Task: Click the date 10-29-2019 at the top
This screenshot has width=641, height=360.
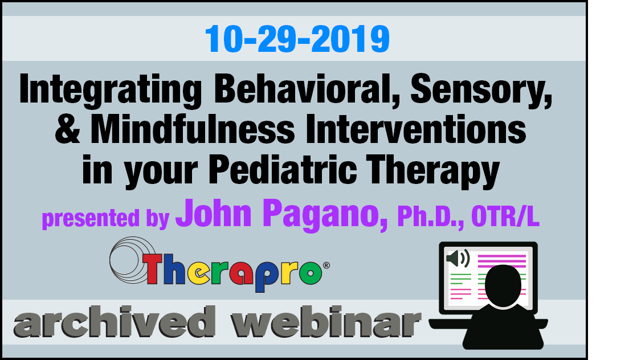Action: [297, 39]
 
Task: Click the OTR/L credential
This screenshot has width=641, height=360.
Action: [505, 216]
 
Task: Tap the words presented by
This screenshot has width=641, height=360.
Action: [105, 219]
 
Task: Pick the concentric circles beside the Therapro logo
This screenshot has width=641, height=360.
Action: [131, 260]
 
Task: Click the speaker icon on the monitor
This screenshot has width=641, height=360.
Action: [458, 259]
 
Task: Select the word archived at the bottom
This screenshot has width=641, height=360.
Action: [115, 322]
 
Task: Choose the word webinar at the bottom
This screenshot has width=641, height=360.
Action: [326, 322]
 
